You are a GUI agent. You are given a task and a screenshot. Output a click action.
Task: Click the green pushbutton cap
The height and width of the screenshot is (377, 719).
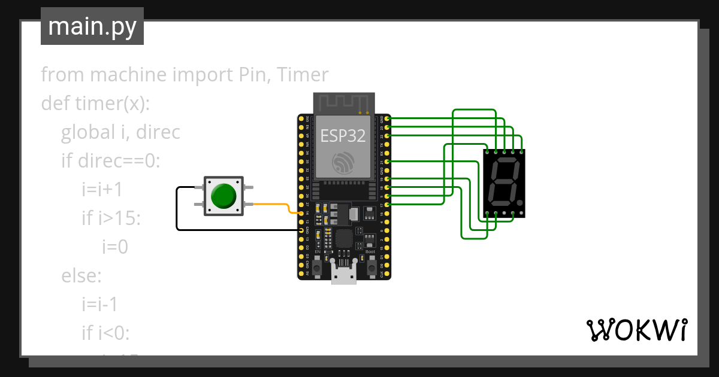click(223, 195)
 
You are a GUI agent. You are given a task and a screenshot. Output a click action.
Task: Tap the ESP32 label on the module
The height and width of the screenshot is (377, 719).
click(343, 136)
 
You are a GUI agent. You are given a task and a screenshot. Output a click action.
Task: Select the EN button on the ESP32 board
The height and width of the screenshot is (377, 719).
click(318, 264)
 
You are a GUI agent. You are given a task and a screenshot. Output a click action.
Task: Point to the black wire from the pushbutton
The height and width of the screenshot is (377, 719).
click(177, 209)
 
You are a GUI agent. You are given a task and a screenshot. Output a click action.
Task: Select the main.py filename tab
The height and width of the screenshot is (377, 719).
click(92, 26)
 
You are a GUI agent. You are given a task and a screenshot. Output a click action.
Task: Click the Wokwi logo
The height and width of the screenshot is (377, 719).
click(636, 330)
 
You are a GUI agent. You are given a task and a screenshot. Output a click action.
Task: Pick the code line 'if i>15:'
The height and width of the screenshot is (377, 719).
click(111, 218)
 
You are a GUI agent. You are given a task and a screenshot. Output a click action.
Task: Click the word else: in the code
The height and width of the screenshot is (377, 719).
click(81, 276)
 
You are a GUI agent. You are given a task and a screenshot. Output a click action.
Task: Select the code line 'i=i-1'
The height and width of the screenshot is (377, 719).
click(100, 305)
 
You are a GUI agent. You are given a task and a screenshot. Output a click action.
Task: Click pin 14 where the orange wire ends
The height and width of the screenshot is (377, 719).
click(301, 213)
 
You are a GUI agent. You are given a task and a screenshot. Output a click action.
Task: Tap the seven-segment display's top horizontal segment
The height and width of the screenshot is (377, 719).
click(504, 161)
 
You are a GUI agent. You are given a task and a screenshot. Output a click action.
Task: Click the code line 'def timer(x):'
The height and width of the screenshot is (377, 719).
click(95, 104)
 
